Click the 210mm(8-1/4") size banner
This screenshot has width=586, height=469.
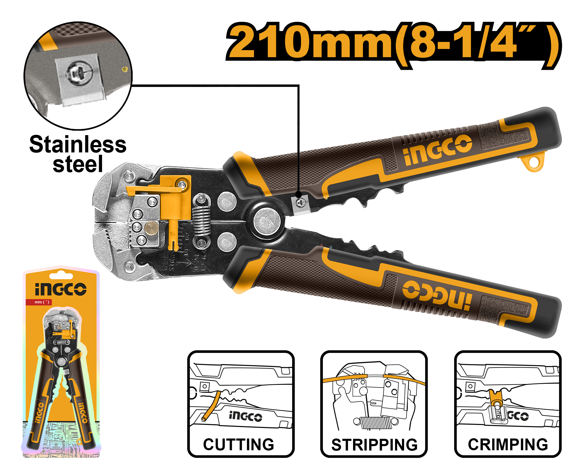coord(393,46)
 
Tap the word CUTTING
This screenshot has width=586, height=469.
coord(239,444)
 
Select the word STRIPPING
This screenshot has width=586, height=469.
coord(374,445)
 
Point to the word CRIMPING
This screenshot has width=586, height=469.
coord(508,444)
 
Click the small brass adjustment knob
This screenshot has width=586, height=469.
coord(151,228)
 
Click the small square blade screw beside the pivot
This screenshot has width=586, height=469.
coord(301,202)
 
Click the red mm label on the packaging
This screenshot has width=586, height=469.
coord(39,302)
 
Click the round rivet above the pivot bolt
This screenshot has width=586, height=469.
coord(227,202)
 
